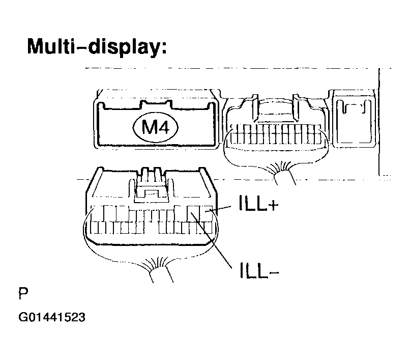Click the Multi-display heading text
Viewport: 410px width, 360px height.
(97, 47)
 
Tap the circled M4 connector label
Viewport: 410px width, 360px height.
(156, 127)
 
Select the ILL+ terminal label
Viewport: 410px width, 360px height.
(258, 203)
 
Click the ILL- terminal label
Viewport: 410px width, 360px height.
(259, 270)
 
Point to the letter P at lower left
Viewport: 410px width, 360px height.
(23, 293)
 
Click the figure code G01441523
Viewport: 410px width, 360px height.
(52, 317)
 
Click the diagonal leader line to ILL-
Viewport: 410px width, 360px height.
(211, 240)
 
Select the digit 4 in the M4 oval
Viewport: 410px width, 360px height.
(164, 127)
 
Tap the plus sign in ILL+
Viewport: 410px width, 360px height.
(274, 205)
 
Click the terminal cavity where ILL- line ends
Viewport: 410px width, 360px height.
(193, 213)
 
